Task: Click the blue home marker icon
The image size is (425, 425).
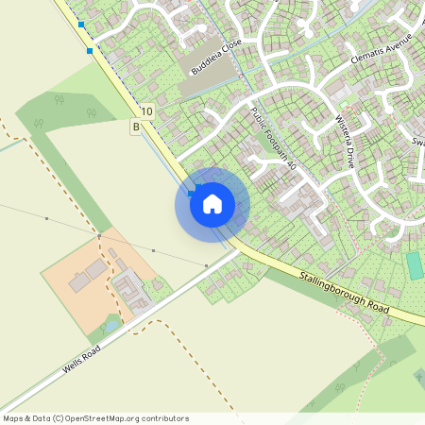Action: coord(212,202)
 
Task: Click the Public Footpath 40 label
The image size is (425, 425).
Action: coord(274,138)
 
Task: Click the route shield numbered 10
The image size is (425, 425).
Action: coord(146,111)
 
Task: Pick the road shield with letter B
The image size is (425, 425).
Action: coord(137,127)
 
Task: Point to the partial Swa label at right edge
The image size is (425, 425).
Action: coord(417,143)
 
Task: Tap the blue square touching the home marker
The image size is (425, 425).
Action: coord(192,193)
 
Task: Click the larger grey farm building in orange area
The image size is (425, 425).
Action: coord(94,271)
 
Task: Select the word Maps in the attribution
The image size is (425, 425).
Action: coord(14,418)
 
